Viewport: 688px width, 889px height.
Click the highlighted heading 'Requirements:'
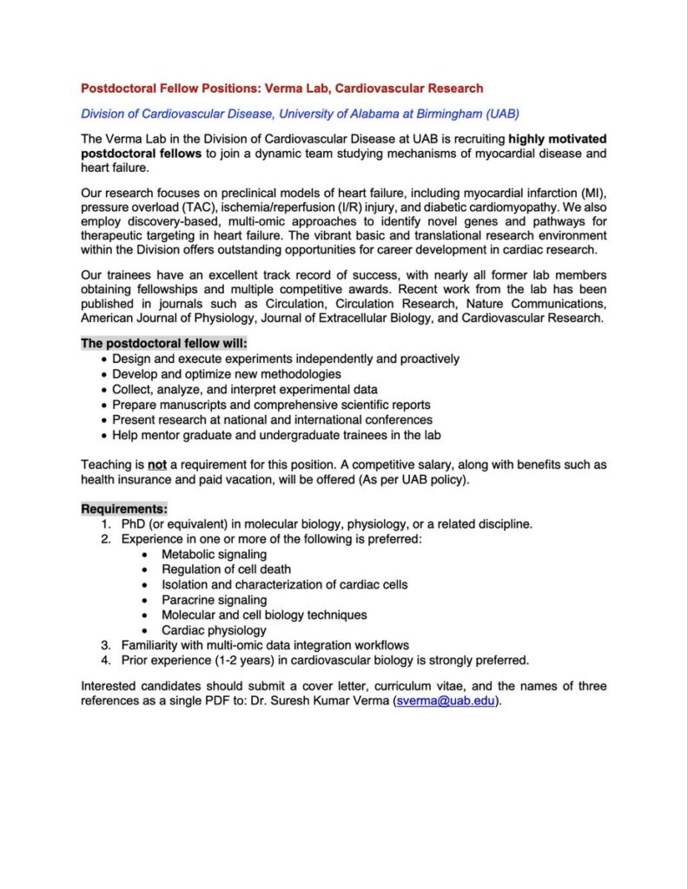point(124,508)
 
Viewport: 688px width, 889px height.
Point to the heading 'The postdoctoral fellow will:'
point(164,343)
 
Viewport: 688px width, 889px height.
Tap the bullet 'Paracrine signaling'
point(214,600)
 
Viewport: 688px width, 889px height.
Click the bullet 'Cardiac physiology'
point(214,630)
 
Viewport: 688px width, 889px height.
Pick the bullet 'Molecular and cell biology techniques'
point(264,615)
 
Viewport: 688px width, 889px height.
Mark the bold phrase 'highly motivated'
point(558,139)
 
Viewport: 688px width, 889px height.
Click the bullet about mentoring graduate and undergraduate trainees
point(276,435)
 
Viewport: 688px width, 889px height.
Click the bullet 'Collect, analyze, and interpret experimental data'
point(244,389)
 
